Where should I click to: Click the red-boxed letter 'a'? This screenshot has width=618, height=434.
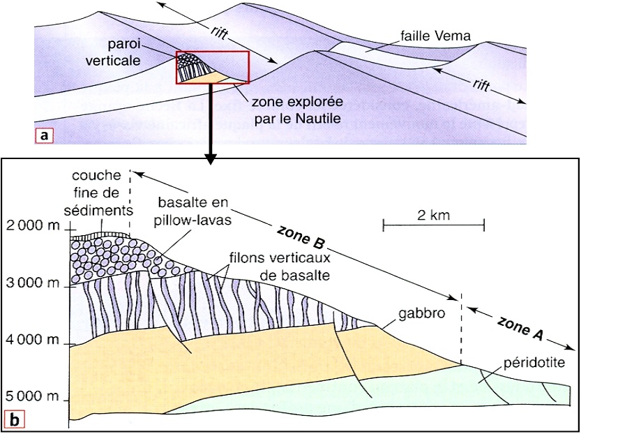click(x=45, y=135)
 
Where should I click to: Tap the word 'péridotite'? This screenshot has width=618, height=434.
click(x=535, y=364)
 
